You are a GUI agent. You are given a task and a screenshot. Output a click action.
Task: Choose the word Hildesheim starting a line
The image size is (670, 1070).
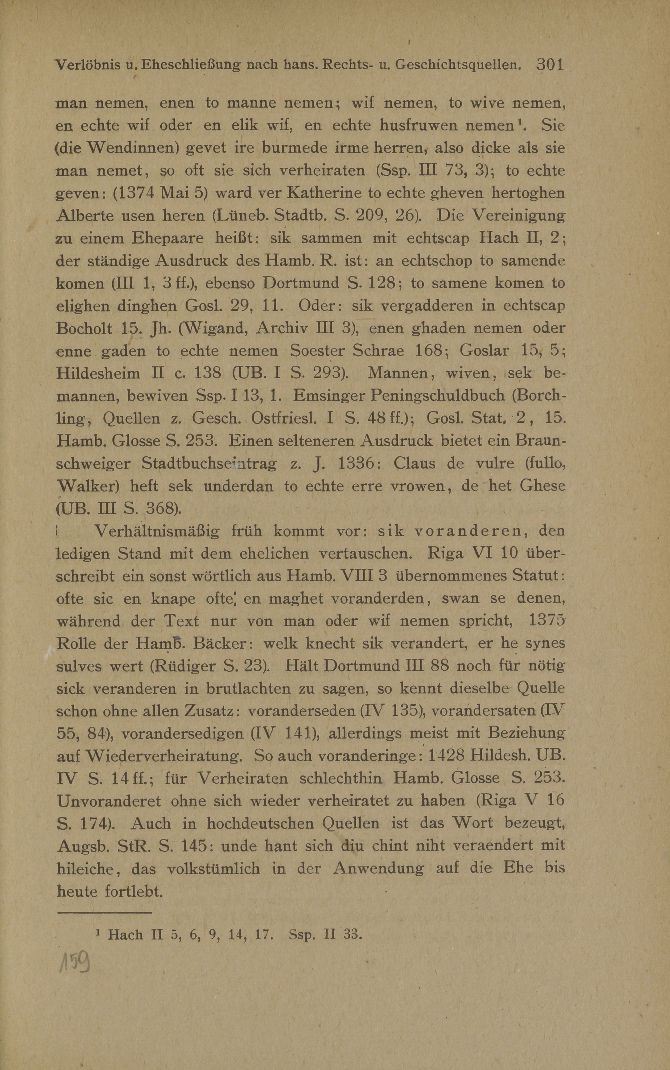[x=98, y=373]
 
